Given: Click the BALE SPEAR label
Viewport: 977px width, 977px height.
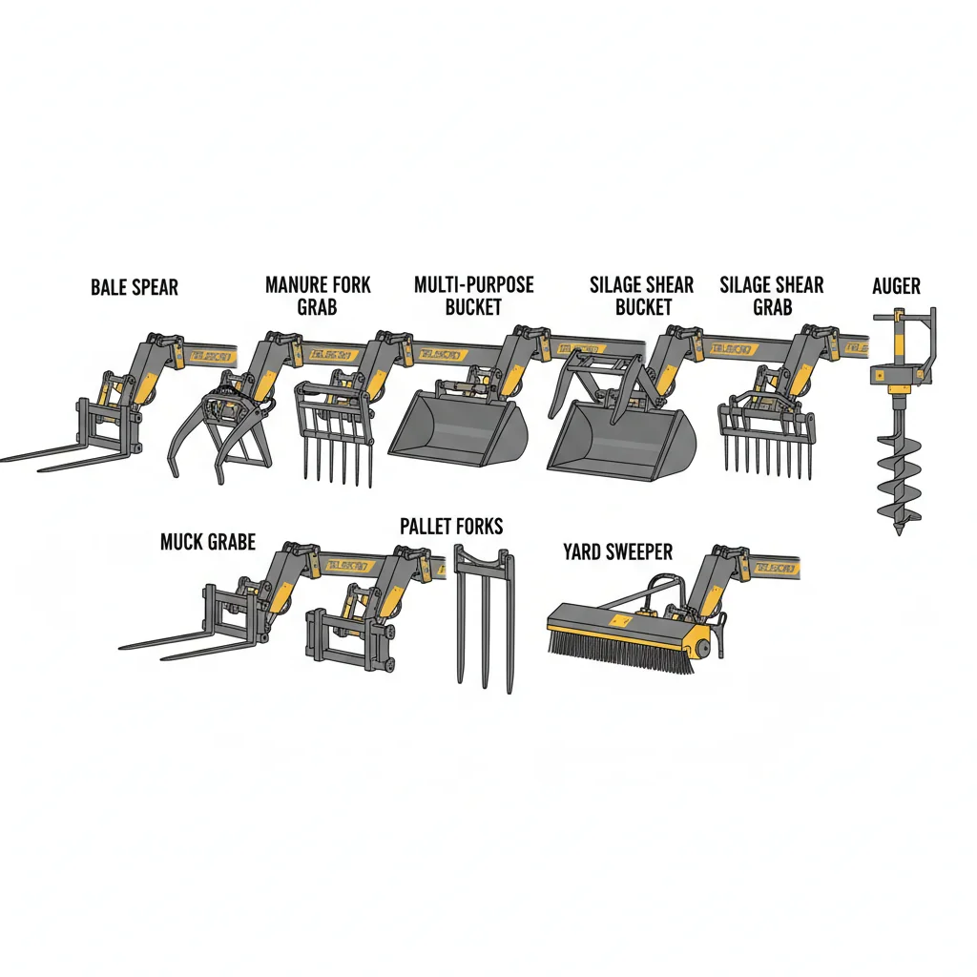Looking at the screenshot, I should [x=135, y=287].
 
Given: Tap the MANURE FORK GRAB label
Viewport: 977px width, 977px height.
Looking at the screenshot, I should [x=318, y=295].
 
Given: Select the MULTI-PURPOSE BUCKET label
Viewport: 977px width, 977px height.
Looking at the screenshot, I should [x=474, y=295].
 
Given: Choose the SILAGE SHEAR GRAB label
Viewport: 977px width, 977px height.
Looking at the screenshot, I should [x=772, y=295].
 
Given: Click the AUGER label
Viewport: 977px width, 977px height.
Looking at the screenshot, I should [x=897, y=286].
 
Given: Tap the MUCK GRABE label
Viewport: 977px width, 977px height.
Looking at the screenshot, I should [x=208, y=542].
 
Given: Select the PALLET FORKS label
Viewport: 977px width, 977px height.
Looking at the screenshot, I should [x=451, y=527].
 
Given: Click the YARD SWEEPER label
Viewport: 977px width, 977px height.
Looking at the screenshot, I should [x=617, y=551].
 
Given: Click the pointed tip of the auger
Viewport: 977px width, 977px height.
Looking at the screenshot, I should [x=899, y=530].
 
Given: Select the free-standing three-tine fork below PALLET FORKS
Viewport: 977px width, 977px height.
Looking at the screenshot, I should [x=485, y=620].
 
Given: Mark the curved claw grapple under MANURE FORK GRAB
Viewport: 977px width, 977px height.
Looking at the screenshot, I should [x=218, y=434].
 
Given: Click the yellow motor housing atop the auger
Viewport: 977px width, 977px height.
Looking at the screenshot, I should [x=897, y=378].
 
